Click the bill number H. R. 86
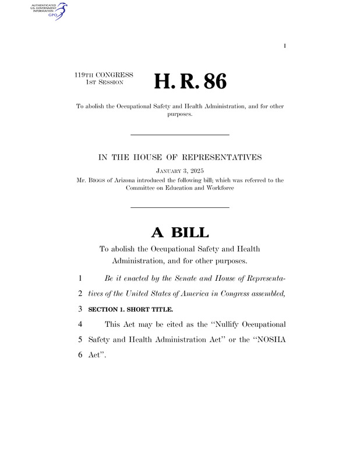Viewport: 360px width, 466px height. click(190, 82)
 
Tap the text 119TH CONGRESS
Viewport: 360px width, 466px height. click(104, 75)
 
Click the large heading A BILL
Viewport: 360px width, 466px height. click(179, 233)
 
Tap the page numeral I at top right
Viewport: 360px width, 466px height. click(284, 45)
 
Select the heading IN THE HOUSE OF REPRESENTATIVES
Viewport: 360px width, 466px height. click(179, 157)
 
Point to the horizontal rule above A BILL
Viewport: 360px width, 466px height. click(179, 207)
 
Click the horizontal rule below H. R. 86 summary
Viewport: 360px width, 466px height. click(179, 135)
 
